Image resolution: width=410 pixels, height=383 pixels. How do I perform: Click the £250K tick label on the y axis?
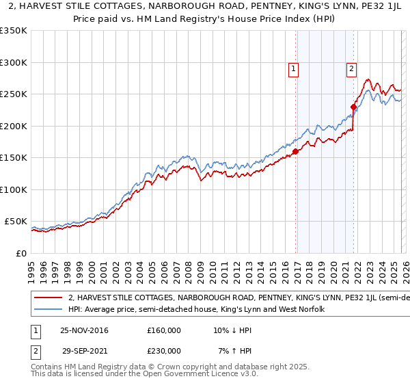(14, 94)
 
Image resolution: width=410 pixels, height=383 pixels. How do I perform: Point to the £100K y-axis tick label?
(14, 189)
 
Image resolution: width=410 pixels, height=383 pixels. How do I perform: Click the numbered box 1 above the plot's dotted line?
(293, 68)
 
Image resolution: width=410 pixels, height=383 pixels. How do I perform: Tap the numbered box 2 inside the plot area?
(351, 68)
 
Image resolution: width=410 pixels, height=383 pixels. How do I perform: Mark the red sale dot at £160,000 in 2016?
(295, 152)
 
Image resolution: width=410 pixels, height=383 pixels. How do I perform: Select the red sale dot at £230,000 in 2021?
(353, 107)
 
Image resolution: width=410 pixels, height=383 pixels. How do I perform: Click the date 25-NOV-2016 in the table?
(84, 330)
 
